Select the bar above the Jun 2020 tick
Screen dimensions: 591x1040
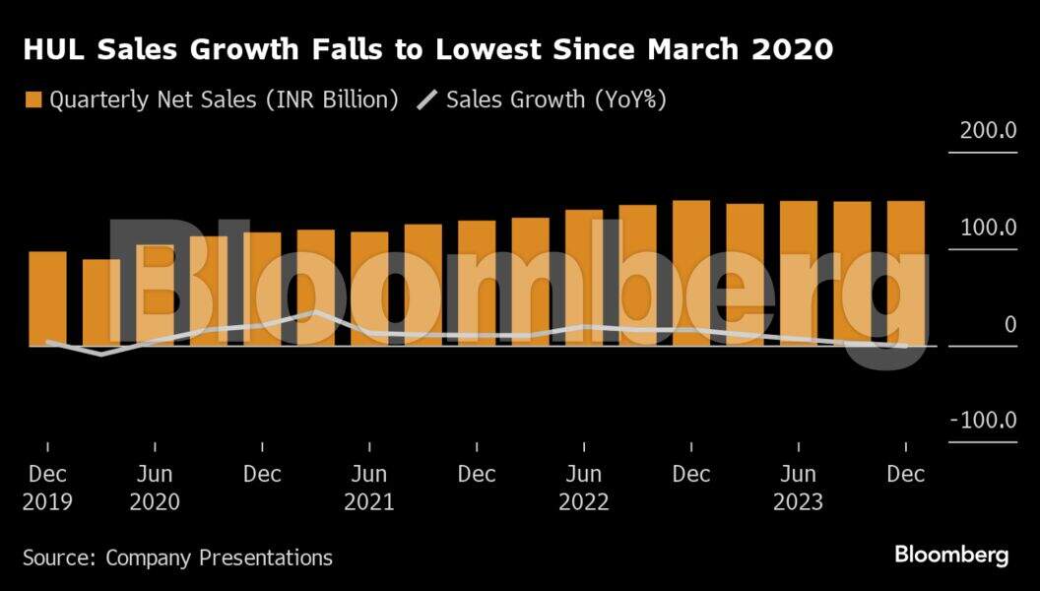pyautogui.click(x=155, y=295)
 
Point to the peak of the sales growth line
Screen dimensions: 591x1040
pyautogui.click(x=315, y=312)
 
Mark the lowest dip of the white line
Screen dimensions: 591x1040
pyautogui.click(x=101, y=354)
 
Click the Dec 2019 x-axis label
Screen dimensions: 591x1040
pyautogui.click(x=47, y=488)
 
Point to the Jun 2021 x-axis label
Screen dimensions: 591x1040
pyautogui.click(x=369, y=488)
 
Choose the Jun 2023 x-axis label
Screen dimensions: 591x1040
pyautogui.click(x=799, y=488)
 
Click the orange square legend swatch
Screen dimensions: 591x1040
pyautogui.click(x=32, y=99)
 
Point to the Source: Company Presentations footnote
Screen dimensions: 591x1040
pyautogui.click(x=177, y=558)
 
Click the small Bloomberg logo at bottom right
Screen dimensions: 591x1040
pyautogui.click(x=951, y=556)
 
